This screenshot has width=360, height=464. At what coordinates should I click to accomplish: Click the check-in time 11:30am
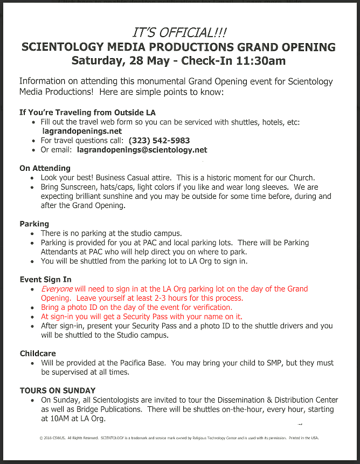257,61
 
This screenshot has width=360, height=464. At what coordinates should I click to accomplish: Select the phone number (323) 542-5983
160,141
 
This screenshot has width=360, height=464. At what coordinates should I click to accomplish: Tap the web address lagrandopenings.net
82,131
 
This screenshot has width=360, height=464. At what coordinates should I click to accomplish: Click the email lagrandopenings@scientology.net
142,150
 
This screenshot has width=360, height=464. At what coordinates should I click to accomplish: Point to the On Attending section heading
45,169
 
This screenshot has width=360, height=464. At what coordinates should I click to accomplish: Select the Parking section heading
34,224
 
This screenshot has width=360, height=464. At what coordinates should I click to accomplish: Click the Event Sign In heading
45,280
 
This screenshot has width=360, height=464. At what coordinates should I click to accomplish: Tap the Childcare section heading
38,354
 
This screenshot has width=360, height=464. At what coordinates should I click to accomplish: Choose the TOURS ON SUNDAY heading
58,390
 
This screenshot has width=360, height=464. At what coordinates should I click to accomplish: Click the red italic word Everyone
57,289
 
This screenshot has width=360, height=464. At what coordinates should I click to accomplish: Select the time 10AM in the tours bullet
52,419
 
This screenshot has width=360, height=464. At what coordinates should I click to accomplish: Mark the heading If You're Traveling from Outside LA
87,113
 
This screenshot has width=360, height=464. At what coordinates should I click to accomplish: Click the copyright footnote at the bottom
179,438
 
